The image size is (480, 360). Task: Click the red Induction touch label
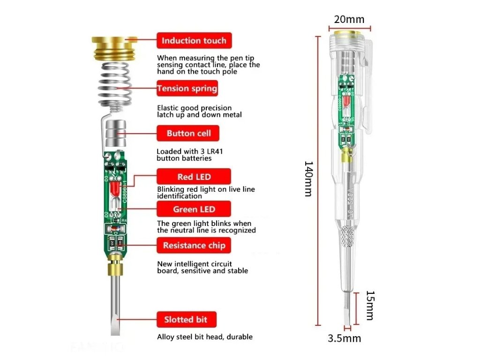pos(194,41)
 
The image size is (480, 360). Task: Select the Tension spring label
pos(187,88)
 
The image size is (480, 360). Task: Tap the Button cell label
pos(188,134)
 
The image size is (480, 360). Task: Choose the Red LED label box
pos(194,177)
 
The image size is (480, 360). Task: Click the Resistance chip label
pos(194,245)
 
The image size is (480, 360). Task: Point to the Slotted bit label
pos(186,320)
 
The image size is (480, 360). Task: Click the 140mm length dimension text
pos(308,179)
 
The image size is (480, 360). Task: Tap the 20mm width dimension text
pos(349,19)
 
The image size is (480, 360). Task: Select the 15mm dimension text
pos(369,305)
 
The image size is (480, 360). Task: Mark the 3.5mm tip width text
pos(345,338)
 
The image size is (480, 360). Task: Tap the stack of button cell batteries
pos(114,135)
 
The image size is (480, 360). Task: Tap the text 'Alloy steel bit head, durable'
pos(205,337)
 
